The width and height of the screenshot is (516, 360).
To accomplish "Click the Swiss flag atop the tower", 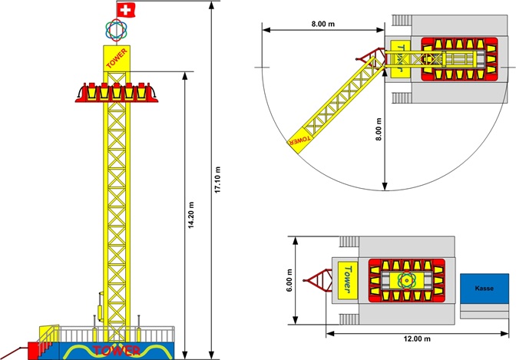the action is pos(125,10).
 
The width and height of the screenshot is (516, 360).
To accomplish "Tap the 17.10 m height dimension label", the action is pos(217,180).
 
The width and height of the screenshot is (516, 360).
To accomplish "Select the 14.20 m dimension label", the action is pos(191,215).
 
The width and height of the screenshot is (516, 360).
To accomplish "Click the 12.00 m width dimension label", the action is pos(417,339).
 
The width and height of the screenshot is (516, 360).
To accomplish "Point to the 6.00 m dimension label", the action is pos(289,280).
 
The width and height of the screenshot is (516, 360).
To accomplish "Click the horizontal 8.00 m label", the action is pos(323,24).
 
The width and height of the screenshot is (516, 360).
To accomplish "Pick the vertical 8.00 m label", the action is pos(379,129).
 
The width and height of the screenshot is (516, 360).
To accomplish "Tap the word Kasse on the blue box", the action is pos(484,289).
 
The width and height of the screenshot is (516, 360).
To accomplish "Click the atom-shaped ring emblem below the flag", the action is pos(116,30).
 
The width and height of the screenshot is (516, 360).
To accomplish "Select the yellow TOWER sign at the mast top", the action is pos(117,58).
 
